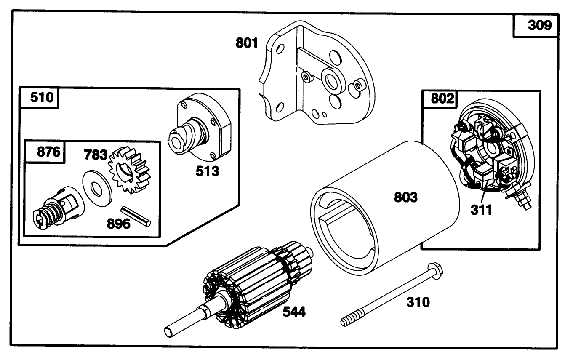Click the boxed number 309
tap(539, 26)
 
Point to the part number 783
tap(95, 155)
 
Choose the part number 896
tap(118, 223)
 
